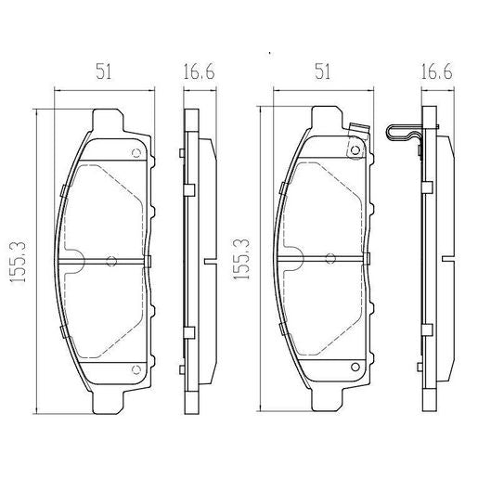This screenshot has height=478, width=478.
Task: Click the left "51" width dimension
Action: [x=104, y=70]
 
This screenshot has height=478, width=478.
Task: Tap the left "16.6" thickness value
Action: [x=193, y=70]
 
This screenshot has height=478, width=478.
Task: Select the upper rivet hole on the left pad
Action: [x=136, y=154]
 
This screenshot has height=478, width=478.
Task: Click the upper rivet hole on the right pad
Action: [x=355, y=154]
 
